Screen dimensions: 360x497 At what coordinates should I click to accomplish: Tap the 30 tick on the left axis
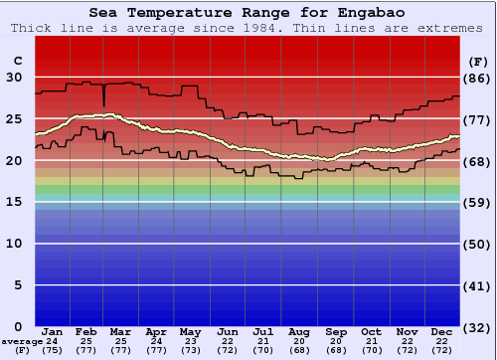[16, 77]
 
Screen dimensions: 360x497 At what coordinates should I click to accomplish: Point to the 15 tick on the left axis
[16, 202]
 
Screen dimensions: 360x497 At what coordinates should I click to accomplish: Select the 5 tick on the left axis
[19, 285]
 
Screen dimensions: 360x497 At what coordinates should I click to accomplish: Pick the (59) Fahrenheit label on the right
[477, 203]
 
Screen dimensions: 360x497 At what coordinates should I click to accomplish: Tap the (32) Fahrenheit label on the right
[477, 327]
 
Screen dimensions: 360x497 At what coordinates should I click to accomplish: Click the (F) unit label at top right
[477, 60]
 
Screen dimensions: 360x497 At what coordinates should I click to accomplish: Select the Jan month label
[54, 331]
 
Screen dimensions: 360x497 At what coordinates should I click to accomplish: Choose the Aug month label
[299, 331]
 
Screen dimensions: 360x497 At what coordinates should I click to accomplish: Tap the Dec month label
[442, 331]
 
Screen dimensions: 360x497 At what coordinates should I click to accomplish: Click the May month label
[191, 331]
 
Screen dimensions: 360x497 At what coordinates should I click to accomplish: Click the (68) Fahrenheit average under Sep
[335, 350]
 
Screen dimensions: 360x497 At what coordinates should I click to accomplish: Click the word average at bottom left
[22, 341]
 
